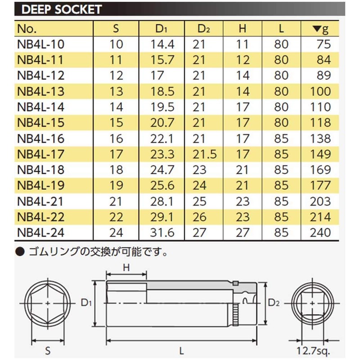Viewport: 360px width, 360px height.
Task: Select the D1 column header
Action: tap(161, 29)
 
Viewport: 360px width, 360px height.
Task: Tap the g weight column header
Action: tap(320, 29)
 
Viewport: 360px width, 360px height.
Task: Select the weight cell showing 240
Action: tap(320, 233)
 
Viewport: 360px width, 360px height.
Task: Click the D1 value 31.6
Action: tap(161, 233)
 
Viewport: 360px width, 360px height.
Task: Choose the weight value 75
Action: tap(323, 44)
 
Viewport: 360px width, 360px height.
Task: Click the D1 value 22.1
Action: tap(161, 139)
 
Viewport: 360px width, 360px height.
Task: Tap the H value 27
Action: tap(243, 233)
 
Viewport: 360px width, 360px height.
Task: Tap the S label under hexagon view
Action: tap(47, 349)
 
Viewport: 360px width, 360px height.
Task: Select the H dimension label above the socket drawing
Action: tap(126, 267)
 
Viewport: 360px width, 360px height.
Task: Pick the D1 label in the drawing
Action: tap(86, 303)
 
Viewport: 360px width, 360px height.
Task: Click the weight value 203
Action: tap(320, 201)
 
